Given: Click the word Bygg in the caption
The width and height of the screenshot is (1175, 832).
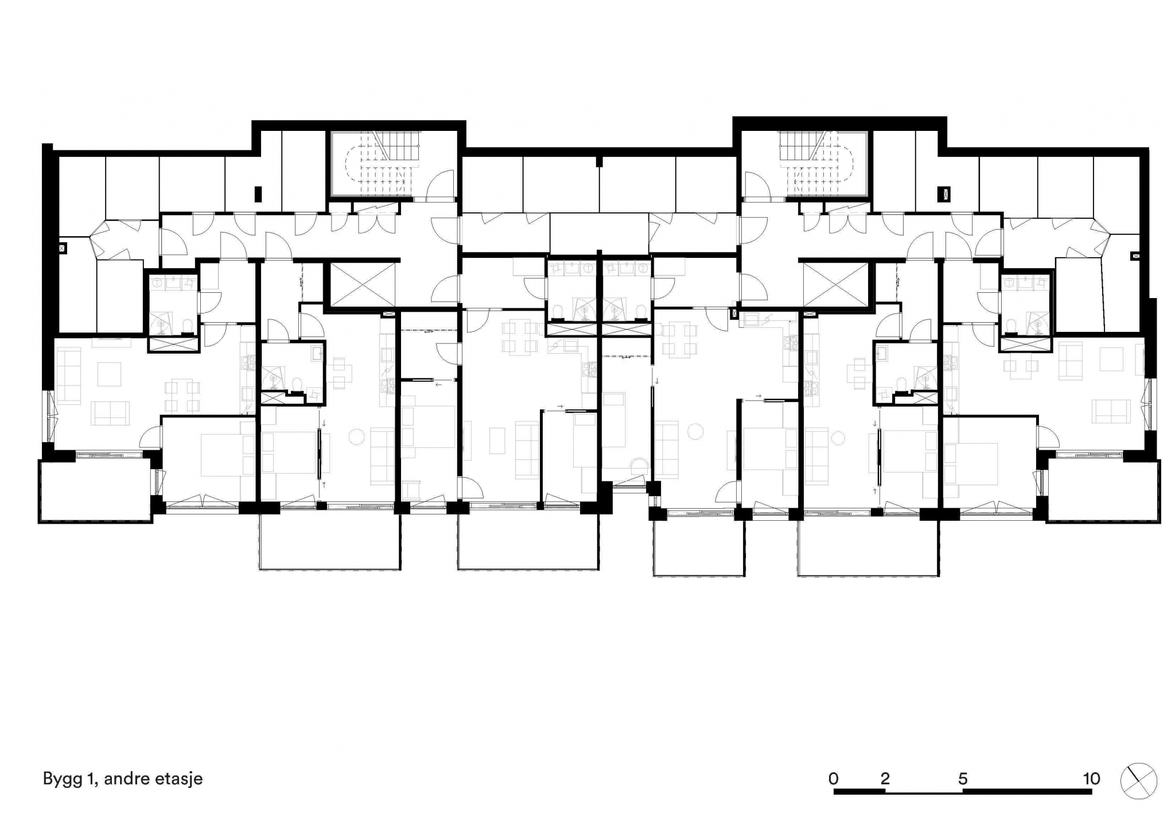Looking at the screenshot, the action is click(x=62, y=780).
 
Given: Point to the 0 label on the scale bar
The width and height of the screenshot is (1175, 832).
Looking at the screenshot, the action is click(x=834, y=779).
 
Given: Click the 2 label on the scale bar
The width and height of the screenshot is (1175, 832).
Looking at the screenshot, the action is click(x=885, y=779).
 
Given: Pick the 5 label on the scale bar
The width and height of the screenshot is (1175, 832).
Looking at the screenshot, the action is click(x=963, y=779).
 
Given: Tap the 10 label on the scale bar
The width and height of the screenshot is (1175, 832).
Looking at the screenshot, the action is click(x=1091, y=779).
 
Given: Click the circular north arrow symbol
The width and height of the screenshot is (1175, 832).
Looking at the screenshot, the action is click(x=1139, y=781).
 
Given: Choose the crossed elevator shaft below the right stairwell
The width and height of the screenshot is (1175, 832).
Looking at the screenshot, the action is click(x=836, y=285).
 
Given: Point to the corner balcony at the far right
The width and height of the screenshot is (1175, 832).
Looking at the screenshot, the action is click(x=1103, y=490).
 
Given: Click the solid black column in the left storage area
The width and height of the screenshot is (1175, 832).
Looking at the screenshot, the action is click(x=258, y=194).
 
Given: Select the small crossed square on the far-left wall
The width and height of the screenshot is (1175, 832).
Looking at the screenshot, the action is click(x=63, y=249).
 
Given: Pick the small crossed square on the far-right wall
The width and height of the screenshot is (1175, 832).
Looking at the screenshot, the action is click(x=1135, y=256).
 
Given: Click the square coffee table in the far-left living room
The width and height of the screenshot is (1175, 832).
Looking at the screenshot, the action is click(x=109, y=374).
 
